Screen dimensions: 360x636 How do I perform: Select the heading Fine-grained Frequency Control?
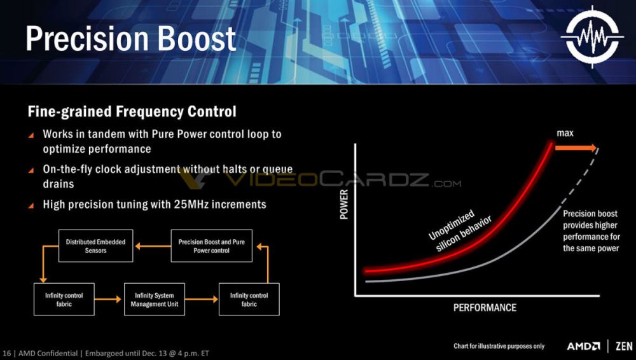pyautogui.click(x=132, y=112)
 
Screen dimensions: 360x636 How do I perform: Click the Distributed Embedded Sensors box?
pyautogui.click(x=95, y=246)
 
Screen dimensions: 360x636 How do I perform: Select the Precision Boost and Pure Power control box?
pyautogui.click(x=212, y=246)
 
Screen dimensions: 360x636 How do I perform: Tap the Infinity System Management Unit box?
pyautogui.click(x=154, y=300)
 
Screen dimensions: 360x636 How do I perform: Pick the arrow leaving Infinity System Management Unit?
pyautogui.click(x=201, y=300)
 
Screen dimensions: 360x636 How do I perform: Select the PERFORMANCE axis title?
pyautogui.click(x=485, y=308)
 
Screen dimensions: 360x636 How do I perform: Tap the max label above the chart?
pyautogui.click(x=565, y=134)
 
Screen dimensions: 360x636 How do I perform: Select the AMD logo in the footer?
pyautogui.click(x=583, y=346)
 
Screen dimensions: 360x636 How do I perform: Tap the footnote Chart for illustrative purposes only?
pyautogui.click(x=499, y=346)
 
